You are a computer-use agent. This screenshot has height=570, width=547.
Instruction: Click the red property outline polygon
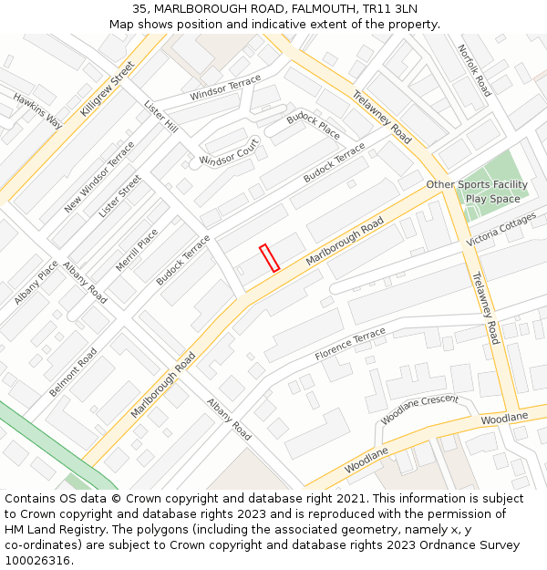point(269,258)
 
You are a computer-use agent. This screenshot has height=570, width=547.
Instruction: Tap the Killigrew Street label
point(107,88)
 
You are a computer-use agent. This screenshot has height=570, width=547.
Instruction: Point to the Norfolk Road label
point(474,70)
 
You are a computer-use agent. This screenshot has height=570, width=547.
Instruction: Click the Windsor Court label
point(230,151)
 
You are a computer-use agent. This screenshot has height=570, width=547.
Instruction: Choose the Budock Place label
point(313,127)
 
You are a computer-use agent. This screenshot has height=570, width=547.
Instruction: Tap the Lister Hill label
point(160,116)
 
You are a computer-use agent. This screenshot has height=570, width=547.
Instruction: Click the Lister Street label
point(120,195)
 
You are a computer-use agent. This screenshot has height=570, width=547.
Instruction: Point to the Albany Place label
point(36,282)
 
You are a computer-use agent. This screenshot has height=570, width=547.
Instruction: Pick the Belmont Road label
point(73,371)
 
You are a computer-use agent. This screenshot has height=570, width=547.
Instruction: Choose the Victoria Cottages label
point(501,230)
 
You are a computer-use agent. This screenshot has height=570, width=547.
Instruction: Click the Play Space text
point(492,199)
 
